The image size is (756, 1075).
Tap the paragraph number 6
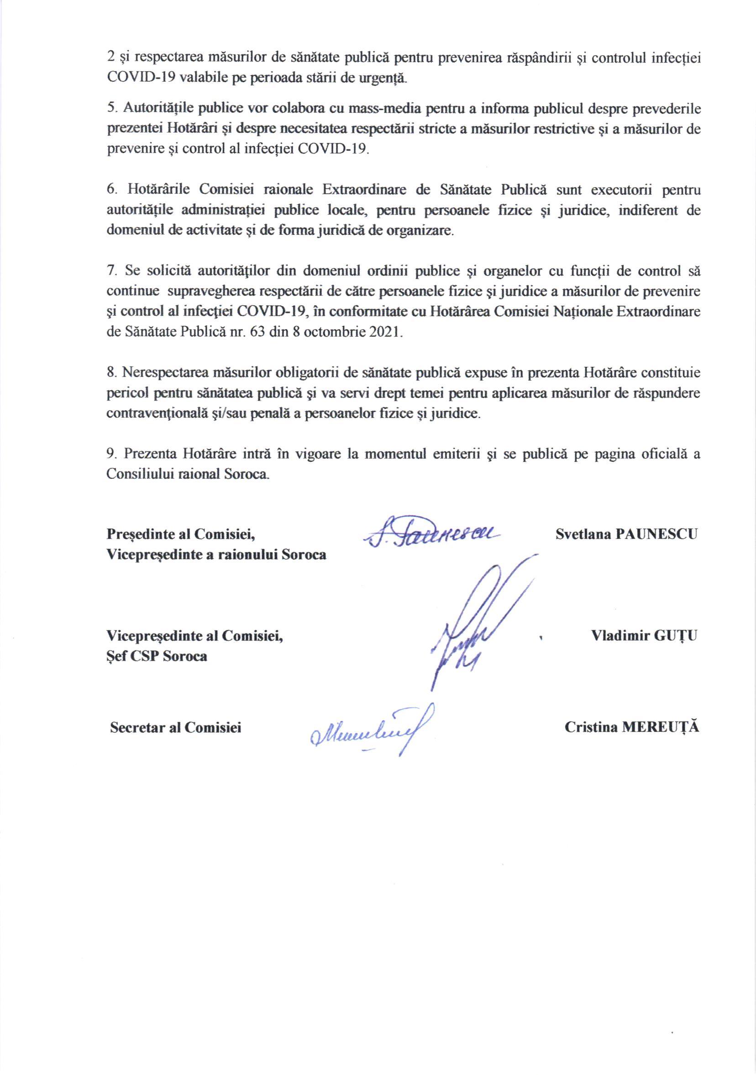coord(111,190)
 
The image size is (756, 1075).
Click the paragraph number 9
coord(110,454)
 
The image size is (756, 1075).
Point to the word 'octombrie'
coord(335,333)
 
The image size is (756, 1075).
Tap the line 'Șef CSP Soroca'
coord(157,656)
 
